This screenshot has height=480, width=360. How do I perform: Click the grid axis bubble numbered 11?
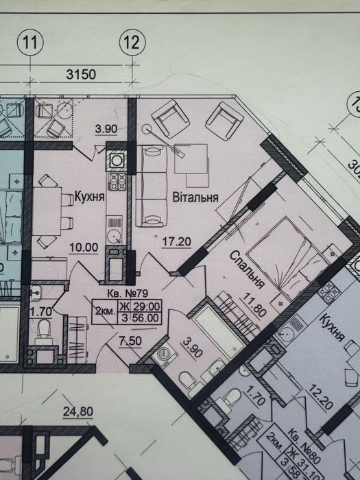click(x=30, y=43)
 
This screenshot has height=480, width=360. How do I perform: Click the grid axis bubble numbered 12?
click(x=132, y=43)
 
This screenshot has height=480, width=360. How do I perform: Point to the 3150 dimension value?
click(x=81, y=74)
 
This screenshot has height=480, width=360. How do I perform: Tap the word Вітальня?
click(x=195, y=197)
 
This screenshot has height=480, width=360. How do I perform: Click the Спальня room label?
click(x=247, y=269)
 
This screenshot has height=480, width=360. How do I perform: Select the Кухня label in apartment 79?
click(x=89, y=196)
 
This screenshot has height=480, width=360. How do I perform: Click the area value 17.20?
click(x=176, y=242)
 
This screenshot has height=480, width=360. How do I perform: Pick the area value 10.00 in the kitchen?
click(x=84, y=248)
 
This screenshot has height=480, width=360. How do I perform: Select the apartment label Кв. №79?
click(x=128, y=293)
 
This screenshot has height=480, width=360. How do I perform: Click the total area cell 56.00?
click(x=145, y=318)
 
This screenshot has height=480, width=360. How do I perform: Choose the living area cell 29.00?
click(x=145, y=306)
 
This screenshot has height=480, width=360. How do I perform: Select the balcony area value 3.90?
click(x=106, y=129)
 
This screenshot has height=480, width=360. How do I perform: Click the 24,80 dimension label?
click(x=78, y=411)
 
